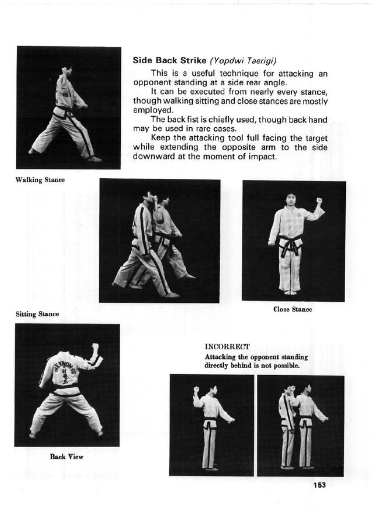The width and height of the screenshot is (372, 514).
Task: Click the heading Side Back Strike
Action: pos(170,61)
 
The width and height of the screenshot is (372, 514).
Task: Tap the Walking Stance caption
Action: pos(40,180)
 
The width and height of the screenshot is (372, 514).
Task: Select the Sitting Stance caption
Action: pos(37,314)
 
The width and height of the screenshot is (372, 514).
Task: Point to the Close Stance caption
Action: pos(293,309)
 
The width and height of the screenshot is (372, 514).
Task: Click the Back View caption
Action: pos(66,457)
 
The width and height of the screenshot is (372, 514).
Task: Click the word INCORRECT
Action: pos(227,347)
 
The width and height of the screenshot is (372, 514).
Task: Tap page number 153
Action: pos(319,485)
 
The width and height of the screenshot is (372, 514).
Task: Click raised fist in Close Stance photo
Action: pos(319,200)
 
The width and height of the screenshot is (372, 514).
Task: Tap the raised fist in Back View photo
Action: pos(96,348)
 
